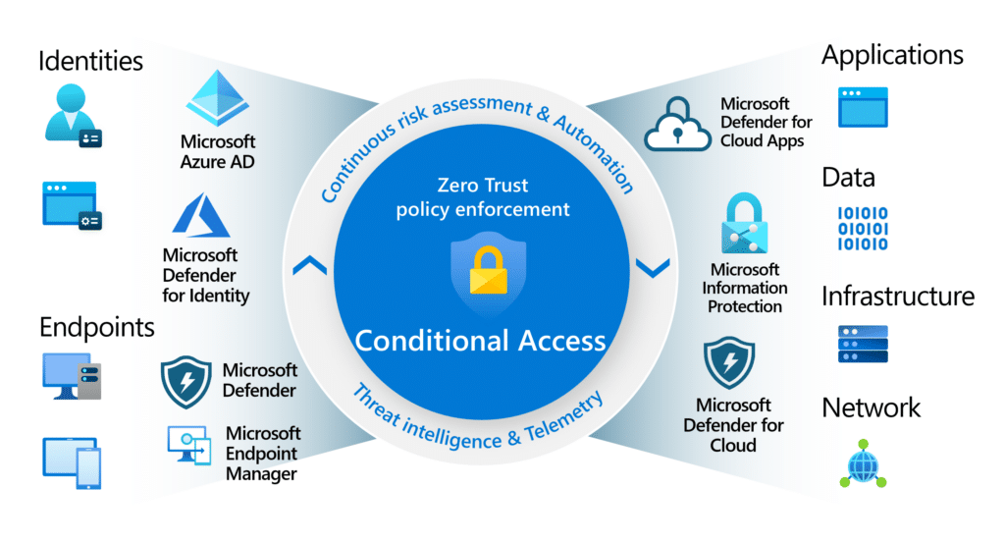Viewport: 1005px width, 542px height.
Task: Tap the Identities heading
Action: pyautogui.click(x=90, y=61)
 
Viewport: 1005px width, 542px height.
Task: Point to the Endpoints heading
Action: pyautogui.click(x=97, y=326)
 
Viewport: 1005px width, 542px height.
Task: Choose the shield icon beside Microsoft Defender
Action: pyautogui.click(x=185, y=382)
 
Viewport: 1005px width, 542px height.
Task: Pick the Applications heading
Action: pyautogui.click(x=891, y=55)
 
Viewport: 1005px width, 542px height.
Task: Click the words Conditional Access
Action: pyautogui.click(x=480, y=340)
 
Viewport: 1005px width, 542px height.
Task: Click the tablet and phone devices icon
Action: pyautogui.click(x=72, y=462)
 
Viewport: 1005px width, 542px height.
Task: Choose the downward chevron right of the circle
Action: pyautogui.click(x=653, y=265)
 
